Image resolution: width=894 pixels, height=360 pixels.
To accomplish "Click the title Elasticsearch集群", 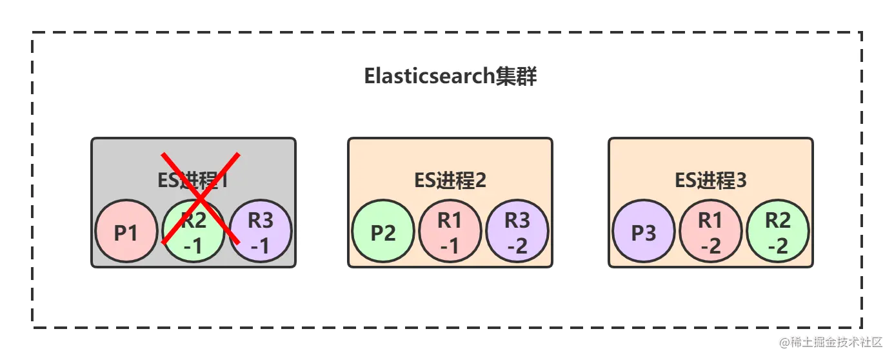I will [x=450, y=76].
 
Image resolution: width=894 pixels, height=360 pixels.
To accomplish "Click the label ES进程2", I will [x=450, y=181].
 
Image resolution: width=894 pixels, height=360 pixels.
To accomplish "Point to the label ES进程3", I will [x=711, y=181].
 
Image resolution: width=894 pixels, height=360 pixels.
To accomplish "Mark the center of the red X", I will [x=200, y=198].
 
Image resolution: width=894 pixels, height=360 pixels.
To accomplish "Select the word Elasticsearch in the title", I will [x=429, y=76].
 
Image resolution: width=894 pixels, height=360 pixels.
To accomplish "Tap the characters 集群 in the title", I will [x=516, y=76].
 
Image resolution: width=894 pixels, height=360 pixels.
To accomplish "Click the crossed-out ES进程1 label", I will [x=193, y=181].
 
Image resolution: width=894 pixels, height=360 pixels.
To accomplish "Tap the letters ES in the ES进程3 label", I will [x=684, y=181].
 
